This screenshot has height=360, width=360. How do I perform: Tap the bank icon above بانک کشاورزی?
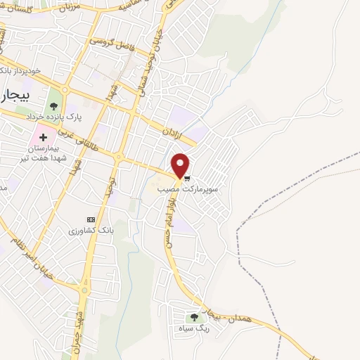tap(89, 219)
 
